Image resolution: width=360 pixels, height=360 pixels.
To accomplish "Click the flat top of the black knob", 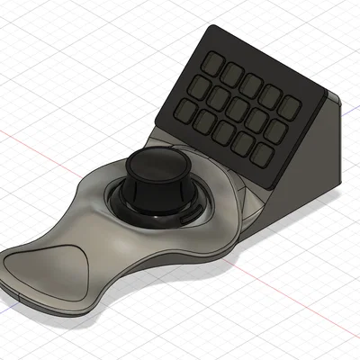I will tap(153, 167).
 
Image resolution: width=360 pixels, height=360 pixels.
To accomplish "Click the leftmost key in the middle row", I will tap(202, 87).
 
